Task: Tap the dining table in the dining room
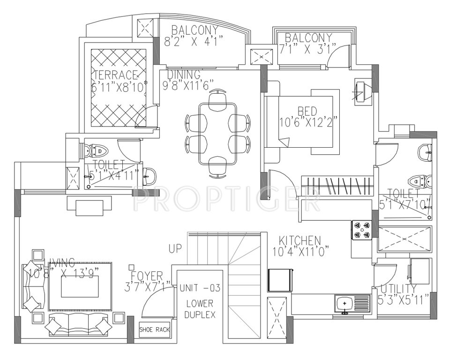[217, 133]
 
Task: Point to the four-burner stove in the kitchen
[361, 230]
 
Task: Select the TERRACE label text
[116, 75]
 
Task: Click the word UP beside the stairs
[175, 249]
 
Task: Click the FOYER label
[146, 276]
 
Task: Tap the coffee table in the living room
[80, 286]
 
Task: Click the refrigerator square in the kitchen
[280, 281]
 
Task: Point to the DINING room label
[184, 75]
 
